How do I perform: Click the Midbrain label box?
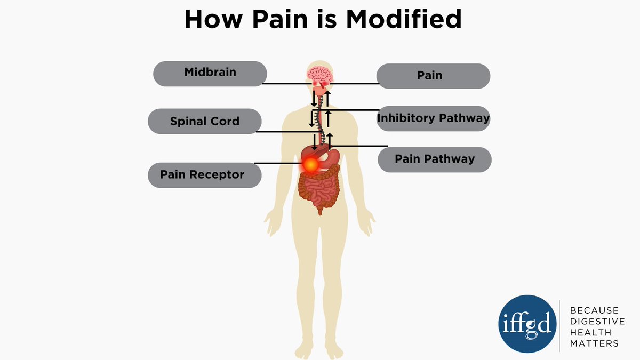click(x=210, y=73)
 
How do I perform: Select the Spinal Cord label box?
click(x=204, y=121)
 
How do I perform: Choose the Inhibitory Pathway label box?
click(x=433, y=118)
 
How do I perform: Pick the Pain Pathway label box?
click(x=434, y=159)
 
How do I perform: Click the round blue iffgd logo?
click(x=526, y=326)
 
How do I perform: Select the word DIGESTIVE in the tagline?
click(x=597, y=321)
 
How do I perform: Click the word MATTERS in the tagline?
click(x=594, y=343)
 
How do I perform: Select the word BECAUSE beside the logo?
click(x=594, y=310)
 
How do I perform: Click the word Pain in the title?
click(x=287, y=20)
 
